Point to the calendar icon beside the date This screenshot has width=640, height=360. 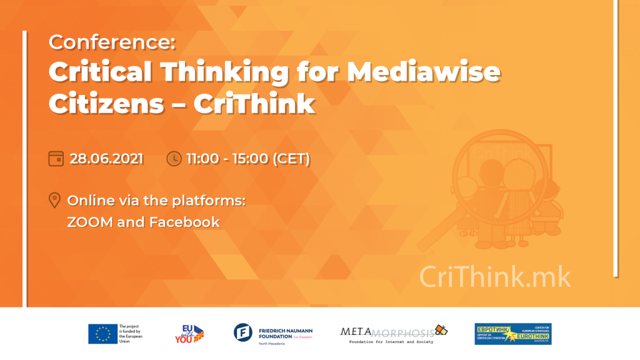(56, 159)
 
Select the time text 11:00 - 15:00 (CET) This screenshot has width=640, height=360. (248, 159)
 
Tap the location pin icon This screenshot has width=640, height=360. (54, 201)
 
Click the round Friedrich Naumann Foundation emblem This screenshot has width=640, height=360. (243, 333)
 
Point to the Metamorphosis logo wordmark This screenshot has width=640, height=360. (387, 331)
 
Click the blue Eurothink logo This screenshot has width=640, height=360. (512, 334)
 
